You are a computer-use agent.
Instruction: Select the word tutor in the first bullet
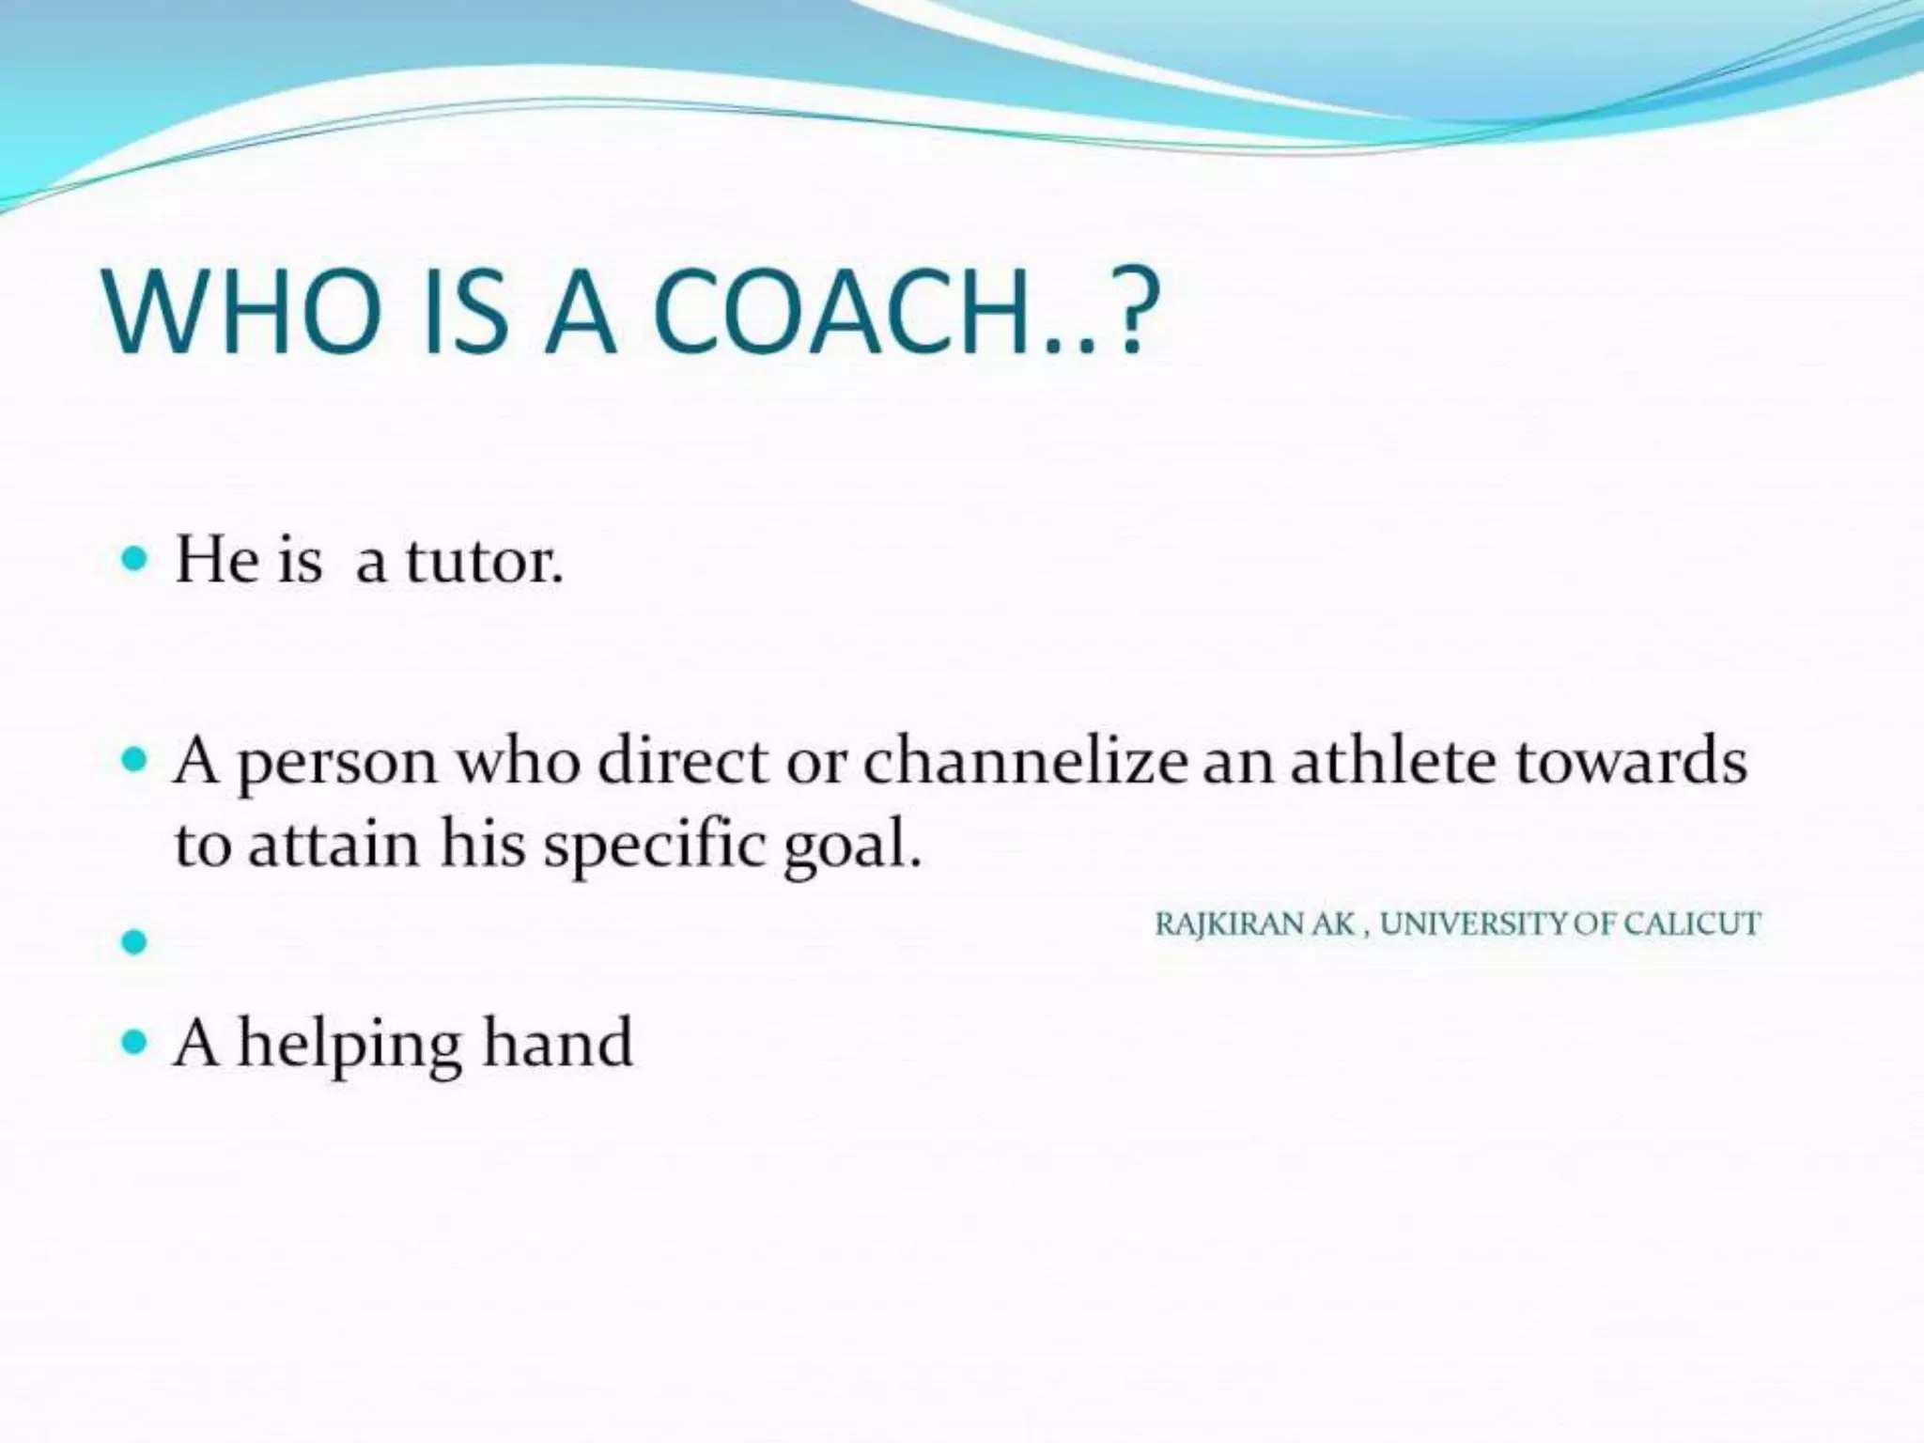pyautogui.click(x=484, y=562)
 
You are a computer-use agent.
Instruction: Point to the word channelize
pyautogui.click(x=1025, y=761)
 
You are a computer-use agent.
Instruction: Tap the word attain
pyautogui.click(x=334, y=844)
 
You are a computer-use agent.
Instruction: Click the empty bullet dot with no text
pyautogui.click(x=135, y=941)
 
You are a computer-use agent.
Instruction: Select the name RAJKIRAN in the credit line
pyautogui.click(x=1231, y=924)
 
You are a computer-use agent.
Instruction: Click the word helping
pyautogui.click(x=349, y=1046)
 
